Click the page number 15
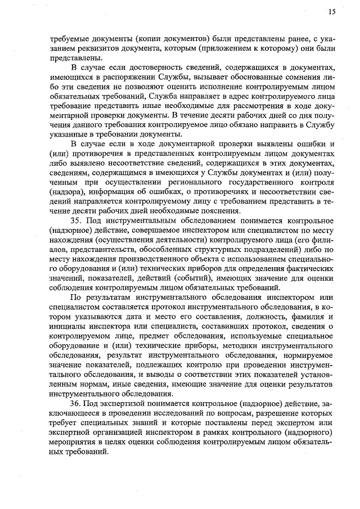click(x=332, y=12)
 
